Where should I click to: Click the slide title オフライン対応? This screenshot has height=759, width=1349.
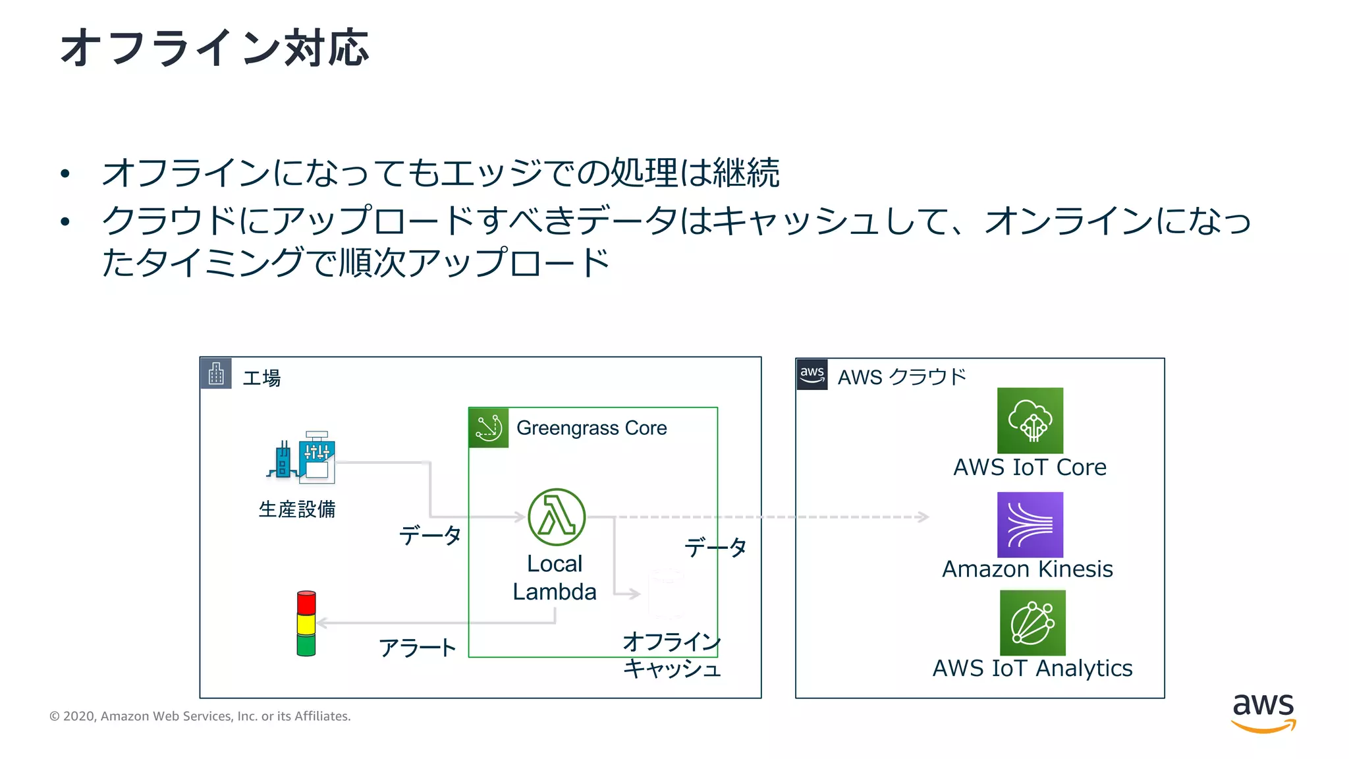[214, 47]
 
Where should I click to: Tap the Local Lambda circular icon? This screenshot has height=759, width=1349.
[557, 517]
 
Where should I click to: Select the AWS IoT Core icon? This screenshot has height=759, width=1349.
[1030, 420]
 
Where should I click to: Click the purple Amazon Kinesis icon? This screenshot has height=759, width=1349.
[1030, 524]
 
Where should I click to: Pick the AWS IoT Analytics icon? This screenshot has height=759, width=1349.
[1032, 623]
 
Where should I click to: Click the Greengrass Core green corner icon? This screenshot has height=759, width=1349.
[488, 428]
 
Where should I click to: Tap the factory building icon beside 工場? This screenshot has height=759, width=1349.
[216, 374]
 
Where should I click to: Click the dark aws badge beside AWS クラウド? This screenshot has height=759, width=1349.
[812, 374]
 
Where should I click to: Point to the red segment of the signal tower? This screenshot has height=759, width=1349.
[306, 602]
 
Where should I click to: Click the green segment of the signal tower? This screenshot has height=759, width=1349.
[306, 645]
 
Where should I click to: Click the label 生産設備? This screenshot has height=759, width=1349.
[297, 509]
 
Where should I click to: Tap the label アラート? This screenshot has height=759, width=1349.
[417, 648]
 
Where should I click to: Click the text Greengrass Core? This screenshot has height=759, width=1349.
[592, 428]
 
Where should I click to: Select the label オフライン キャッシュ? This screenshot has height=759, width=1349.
[671, 655]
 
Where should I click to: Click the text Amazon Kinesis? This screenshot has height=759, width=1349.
[1027, 569]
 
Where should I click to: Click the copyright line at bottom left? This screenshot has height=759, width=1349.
[200, 716]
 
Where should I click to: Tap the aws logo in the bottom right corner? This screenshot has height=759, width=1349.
[1263, 712]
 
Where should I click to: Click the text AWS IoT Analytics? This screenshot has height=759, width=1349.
[1032, 668]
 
